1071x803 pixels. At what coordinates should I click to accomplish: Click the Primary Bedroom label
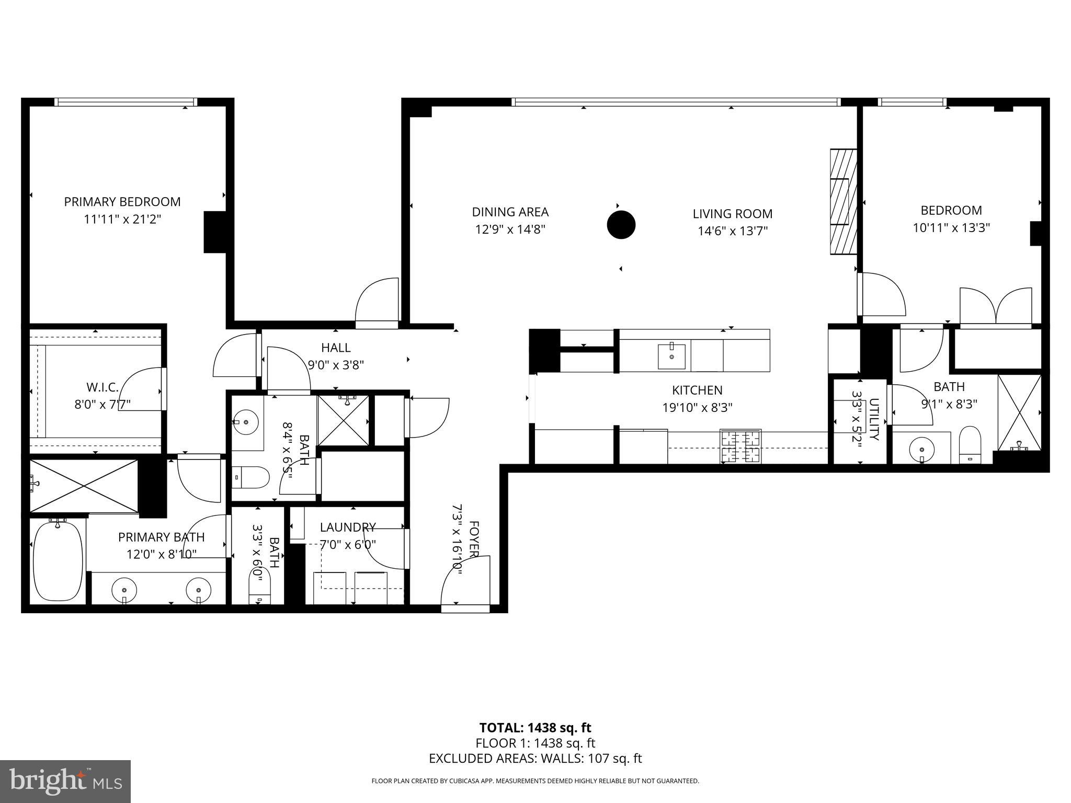[122, 202]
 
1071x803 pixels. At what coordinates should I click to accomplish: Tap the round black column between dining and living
[621, 225]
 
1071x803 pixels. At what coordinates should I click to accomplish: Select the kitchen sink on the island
[671, 356]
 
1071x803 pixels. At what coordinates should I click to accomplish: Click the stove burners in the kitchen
[740, 446]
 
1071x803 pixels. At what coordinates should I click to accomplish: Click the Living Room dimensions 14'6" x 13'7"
[732, 231]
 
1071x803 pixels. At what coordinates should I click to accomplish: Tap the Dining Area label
[510, 212]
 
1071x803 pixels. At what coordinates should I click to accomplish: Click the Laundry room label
[347, 527]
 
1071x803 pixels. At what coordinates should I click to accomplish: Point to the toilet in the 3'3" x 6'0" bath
[260, 591]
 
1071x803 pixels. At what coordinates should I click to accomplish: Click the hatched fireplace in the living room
[843, 202]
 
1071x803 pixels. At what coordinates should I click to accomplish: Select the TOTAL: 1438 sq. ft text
[535, 728]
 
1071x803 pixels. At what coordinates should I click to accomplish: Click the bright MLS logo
[65, 782]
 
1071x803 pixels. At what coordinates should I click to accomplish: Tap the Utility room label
[874, 419]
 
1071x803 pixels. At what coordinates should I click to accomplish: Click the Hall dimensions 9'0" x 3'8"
[336, 364]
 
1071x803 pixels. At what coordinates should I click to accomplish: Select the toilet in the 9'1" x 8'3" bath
[970, 444]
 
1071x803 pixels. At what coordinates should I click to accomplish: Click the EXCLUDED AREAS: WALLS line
[535, 759]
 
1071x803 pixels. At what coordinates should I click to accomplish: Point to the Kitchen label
[697, 390]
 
